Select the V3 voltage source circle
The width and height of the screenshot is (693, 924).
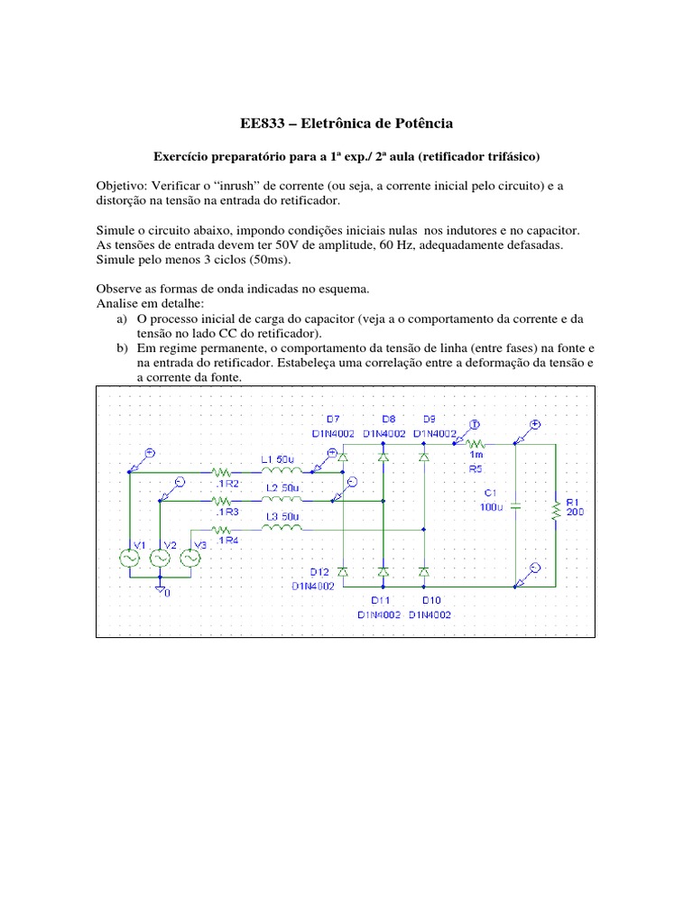[189, 559]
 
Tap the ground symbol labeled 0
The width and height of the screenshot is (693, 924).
[160, 587]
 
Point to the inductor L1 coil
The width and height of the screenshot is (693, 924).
[282, 470]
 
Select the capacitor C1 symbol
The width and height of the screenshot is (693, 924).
[516, 506]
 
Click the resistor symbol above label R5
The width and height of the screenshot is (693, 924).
[477, 443]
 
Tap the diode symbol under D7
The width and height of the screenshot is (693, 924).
[343, 457]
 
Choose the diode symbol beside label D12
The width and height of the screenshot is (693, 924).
[343, 572]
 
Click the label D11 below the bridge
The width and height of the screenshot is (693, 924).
[382, 599]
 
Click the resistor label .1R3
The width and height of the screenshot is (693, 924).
[226, 512]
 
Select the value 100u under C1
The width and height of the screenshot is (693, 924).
[493, 508]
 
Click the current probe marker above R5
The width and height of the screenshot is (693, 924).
[475, 424]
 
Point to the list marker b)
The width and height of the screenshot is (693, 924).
[122, 347]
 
